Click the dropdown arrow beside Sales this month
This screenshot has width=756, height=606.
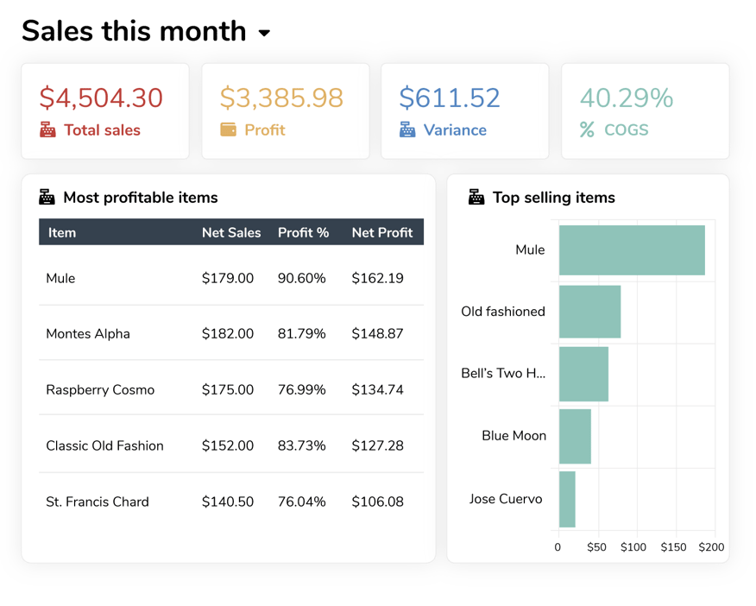(x=264, y=34)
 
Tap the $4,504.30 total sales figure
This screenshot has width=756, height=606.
(x=101, y=98)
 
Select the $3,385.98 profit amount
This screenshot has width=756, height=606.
(x=281, y=98)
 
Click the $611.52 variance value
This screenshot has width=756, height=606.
(x=449, y=98)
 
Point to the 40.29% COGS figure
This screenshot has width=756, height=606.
(x=626, y=98)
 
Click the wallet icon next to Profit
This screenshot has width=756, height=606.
(x=228, y=130)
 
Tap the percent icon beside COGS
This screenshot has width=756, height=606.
(x=587, y=130)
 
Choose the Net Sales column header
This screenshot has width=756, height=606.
(x=231, y=232)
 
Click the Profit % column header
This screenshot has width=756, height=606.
(x=303, y=232)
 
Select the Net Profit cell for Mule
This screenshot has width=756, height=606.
(x=377, y=278)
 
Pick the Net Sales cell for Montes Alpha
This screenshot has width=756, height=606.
(x=228, y=334)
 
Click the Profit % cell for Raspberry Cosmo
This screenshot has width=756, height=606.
(x=301, y=390)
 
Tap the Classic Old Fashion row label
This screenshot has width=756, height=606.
(x=104, y=446)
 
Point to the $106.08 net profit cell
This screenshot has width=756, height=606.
(x=377, y=502)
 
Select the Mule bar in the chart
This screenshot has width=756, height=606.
(x=632, y=250)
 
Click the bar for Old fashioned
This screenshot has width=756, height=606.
(x=589, y=312)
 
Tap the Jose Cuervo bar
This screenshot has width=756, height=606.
(x=567, y=499)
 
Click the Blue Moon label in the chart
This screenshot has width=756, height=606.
(x=513, y=436)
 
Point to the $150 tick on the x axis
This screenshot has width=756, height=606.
(x=673, y=547)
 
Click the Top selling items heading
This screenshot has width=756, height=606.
(x=553, y=198)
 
